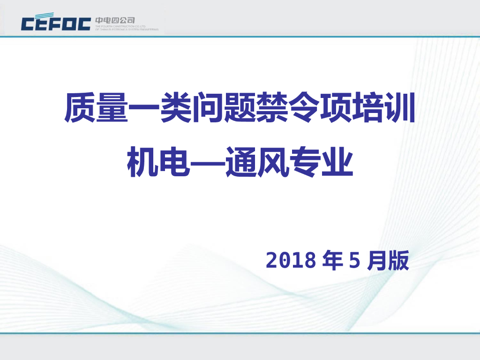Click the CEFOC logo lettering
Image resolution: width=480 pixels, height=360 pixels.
(x=56, y=23)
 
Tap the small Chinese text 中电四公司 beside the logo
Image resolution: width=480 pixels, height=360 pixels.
(x=115, y=20)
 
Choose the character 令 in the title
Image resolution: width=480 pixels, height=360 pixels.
(x=303, y=109)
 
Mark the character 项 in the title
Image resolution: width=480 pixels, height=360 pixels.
(x=335, y=109)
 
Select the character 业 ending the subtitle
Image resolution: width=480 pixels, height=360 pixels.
(x=336, y=162)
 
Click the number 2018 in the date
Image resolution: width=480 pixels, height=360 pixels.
(x=291, y=261)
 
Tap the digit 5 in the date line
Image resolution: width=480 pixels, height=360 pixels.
(x=354, y=261)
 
